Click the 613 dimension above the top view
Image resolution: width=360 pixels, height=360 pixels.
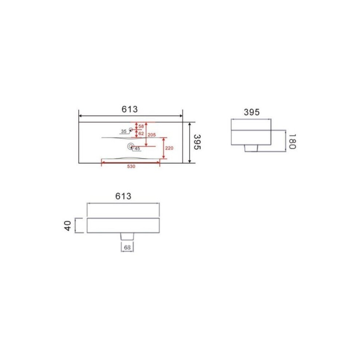[x=129, y=109]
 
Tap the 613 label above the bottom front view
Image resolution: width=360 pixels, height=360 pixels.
[x=123, y=196]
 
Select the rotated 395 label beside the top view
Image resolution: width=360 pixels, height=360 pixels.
[x=197, y=142]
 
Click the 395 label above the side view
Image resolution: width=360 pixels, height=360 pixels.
[x=252, y=112]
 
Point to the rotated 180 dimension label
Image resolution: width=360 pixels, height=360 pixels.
[x=292, y=142]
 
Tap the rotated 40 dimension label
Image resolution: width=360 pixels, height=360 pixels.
[x=68, y=226]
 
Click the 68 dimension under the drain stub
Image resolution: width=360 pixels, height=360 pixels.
[x=127, y=248]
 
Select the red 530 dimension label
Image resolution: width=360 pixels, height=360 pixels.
[x=131, y=167]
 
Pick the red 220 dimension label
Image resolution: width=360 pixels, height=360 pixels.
[x=169, y=148]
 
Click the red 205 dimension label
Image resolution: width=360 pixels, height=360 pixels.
[x=152, y=135]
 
